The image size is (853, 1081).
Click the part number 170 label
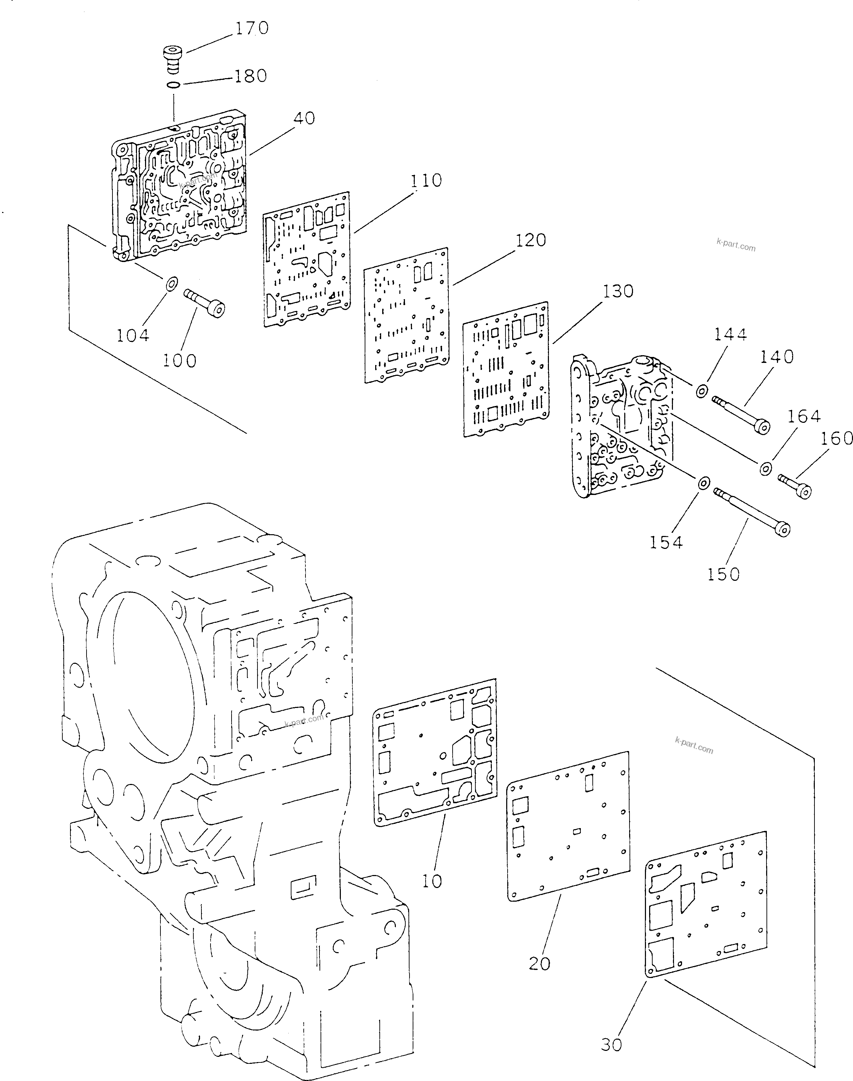(252, 28)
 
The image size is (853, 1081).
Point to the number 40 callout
(304, 118)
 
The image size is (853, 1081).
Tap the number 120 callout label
(531, 240)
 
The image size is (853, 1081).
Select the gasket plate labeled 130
(506, 370)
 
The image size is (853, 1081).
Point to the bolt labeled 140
(741, 413)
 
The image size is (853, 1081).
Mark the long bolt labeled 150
(752, 513)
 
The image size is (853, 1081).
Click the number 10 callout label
(432, 881)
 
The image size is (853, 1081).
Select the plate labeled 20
(568, 826)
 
